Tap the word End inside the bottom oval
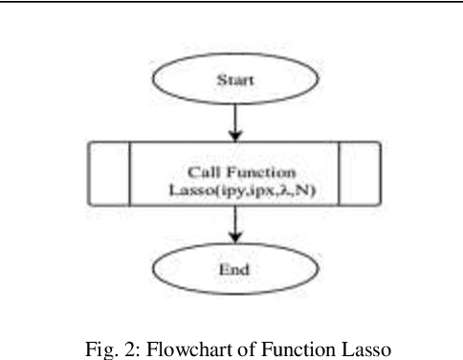233,270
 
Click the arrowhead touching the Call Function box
232,135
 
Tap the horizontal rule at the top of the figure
231,3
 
